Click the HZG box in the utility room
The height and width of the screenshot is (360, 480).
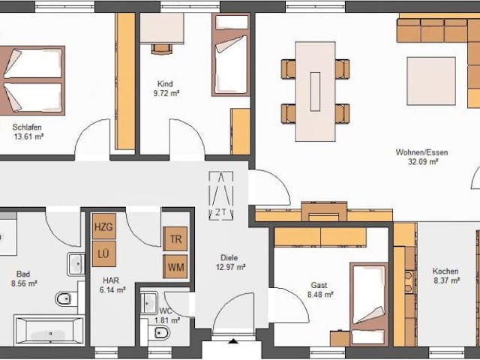(104, 226)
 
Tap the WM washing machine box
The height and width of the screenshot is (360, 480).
(175, 267)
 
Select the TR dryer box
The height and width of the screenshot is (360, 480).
(175, 238)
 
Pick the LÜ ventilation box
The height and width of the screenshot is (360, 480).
(104, 253)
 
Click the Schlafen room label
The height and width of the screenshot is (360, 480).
(27, 127)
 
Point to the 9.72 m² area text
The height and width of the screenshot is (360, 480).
(166, 93)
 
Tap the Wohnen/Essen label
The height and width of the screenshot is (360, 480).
(421, 152)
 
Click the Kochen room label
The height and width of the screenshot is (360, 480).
(445, 271)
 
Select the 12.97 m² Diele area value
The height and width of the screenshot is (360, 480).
(231, 267)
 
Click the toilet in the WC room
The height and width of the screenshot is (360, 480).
(159, 332)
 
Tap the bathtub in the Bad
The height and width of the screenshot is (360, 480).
(49, 331)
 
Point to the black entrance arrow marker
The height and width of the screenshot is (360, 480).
(233, 341)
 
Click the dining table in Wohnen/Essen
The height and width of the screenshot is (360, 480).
(315, 91)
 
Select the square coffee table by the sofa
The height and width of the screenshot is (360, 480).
(431, 81)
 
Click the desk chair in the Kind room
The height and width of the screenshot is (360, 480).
(162, 49)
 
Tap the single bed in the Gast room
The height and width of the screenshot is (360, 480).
(370, 304)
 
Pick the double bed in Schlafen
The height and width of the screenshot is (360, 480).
(32, 80)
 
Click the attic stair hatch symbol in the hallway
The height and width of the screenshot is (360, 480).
(221, 196)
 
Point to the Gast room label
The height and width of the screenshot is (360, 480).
(319, 285)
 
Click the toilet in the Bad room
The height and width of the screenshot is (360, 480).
(64, 298)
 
